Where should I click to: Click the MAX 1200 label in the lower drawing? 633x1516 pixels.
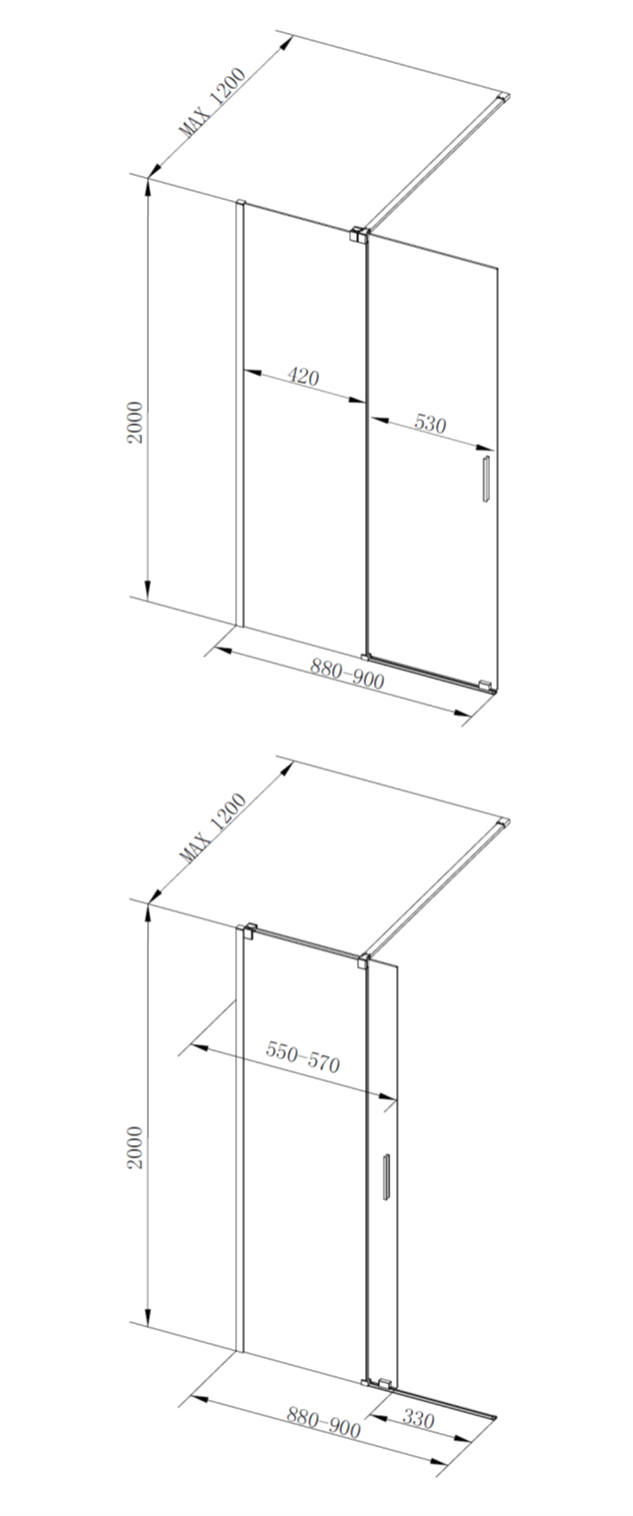coord(212,828)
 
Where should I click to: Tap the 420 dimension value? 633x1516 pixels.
coord(303,376)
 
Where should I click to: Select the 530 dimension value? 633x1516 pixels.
coord(430,424)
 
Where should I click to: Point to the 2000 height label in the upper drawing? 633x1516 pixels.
coord(135,423)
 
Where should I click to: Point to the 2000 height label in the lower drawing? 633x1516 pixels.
coord(135,1148)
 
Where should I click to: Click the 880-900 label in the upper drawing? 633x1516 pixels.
coord(347,674)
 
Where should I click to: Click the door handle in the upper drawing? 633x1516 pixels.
coord(485,479)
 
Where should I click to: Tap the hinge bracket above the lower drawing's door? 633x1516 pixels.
coord(362,961)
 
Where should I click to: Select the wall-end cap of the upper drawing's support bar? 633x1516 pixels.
coord(504,97)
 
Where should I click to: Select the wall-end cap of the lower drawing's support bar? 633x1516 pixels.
coord(504,823)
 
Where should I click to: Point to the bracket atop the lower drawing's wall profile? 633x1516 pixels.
coord(248,931)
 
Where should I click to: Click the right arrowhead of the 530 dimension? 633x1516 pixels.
coord(485,448)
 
